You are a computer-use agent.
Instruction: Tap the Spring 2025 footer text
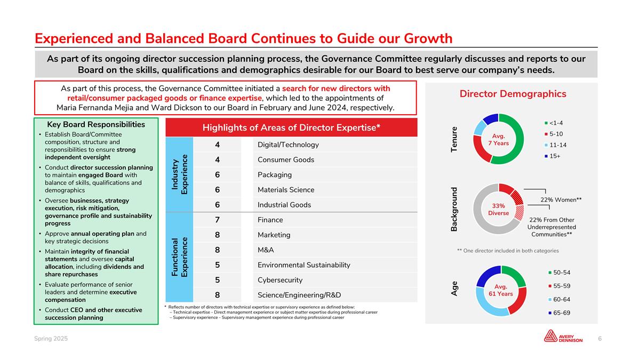click(51, 339)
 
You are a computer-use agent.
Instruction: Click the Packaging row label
click(275, 175)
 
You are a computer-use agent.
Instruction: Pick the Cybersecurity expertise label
click(279, 280)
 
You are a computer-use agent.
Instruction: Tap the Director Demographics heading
click(513, 94)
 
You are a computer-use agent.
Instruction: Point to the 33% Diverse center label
click(498, 209)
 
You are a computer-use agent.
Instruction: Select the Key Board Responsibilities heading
click(96, 124)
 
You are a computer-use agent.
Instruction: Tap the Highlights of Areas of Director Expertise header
click(291, 128)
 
